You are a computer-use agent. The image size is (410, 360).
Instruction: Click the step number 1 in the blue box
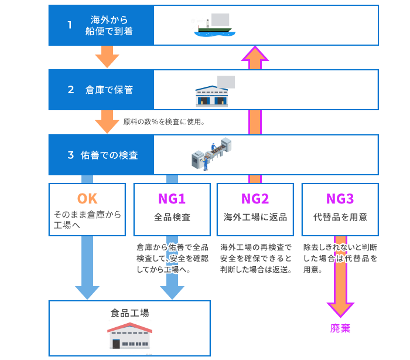(69, 25)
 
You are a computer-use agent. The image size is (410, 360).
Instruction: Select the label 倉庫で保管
(109, 90)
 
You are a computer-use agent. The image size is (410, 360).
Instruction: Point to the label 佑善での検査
(110, 155)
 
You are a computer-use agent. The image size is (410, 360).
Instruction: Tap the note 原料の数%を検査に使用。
(163, 123)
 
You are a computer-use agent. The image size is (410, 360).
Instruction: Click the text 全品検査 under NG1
(172, 217)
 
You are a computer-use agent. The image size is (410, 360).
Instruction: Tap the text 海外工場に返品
(255, 217)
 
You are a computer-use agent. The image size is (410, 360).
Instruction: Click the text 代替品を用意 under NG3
(340, 217)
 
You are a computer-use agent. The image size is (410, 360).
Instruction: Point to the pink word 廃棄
(340, 328)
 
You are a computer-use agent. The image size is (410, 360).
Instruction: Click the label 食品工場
(129, 313)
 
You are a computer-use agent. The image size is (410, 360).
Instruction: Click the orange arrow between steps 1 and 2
(107, 57)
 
